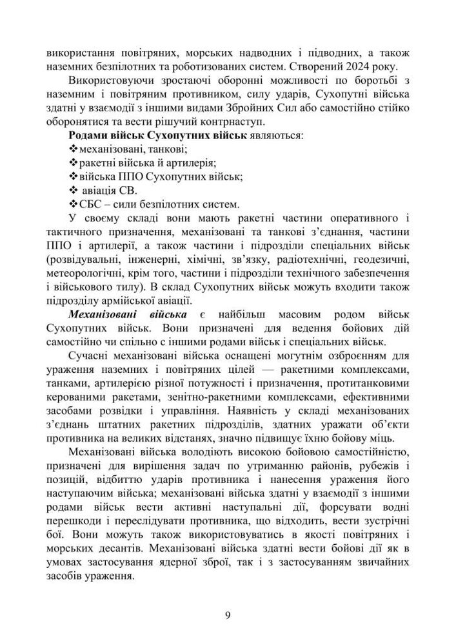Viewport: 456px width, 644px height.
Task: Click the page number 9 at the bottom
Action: (x=228, y=613)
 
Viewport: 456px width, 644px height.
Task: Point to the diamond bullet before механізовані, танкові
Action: (x=72, y=150)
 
